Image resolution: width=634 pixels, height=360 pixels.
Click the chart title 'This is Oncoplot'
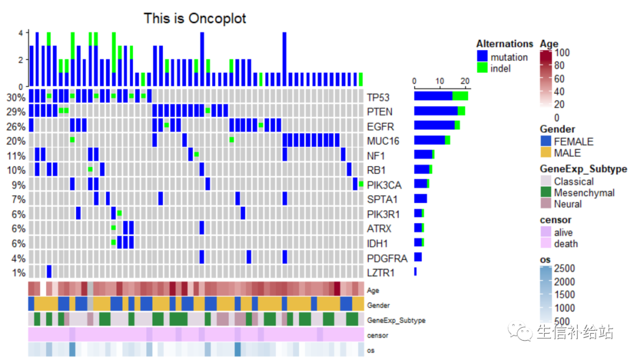pyautogui.click(x=195, y=18)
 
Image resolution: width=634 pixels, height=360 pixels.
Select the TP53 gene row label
pyautogui.click(x=379, y=97)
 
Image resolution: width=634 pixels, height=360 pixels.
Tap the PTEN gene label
pyautogui.click(x=380, y=112)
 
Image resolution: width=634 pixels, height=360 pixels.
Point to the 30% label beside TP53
pyautogui.click(x=16, y=97)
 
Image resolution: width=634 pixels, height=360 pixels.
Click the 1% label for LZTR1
pyautogui.click(x=18, y=272)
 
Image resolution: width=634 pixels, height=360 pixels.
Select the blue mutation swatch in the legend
pyautogui.click(x=482, y=57)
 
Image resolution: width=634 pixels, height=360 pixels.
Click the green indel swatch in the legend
pyautogui.click(x=482, y=68)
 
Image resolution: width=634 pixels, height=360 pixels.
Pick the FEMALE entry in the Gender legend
pyautogui.click(x=546, y=142)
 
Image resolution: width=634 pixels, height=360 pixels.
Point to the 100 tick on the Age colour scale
pyautogui.click(x=562, y=52)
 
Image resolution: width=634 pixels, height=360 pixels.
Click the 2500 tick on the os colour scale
pyautogui.click(x=564, y=268)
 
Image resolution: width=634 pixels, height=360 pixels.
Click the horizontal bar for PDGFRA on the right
pyautogui.click(x=418, y=257)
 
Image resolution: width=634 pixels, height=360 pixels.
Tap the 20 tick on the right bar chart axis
pyautogui.click(x=464, y=81)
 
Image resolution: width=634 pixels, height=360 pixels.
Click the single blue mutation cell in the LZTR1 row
pyautogui.click(x=49, y=272)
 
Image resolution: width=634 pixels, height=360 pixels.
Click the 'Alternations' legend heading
pyautogui.click(x=504, y=44)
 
